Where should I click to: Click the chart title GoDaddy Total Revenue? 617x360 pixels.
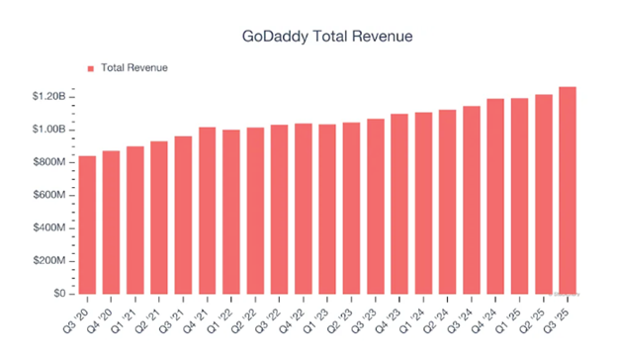click(326, 36)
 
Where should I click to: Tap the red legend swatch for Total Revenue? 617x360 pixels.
click(91, 68)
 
